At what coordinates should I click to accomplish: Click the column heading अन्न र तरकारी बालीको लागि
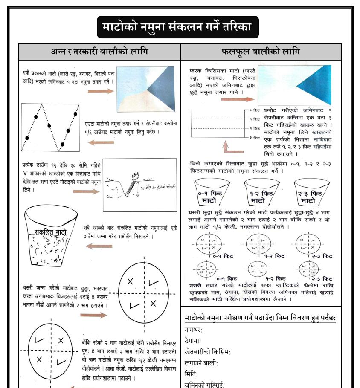tap(99, 52)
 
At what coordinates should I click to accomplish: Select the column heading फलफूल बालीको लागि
tap(261, 52)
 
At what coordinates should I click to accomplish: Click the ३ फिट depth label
tap(256, 138)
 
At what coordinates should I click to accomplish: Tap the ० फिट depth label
tap(256, 110)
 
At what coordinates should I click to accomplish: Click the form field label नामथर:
tap(193, 330)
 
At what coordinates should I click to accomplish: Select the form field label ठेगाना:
tap(193, 341)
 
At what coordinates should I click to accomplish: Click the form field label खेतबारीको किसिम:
tap(207, 352)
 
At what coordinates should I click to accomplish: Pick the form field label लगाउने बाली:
tap(201, 363)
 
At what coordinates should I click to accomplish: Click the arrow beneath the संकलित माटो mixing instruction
tap(99, 246)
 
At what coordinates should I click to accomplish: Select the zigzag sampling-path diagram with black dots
tap(50, 127)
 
